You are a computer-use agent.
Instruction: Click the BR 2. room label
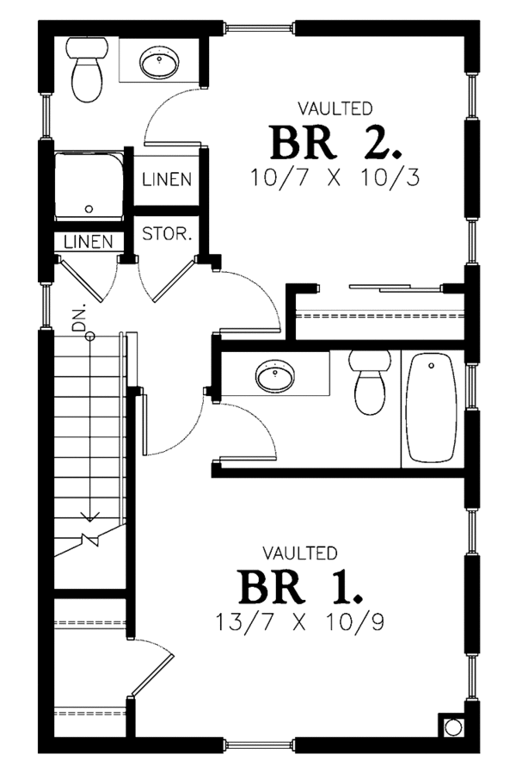336,143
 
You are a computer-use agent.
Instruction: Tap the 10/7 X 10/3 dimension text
336,179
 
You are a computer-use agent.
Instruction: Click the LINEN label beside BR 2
167,180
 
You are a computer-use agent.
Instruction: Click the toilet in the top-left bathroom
88,72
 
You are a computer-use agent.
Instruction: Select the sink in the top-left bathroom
161,62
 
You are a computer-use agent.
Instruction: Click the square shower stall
88,187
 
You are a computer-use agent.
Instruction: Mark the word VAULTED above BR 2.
335,108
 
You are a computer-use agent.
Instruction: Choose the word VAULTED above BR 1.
300,552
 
